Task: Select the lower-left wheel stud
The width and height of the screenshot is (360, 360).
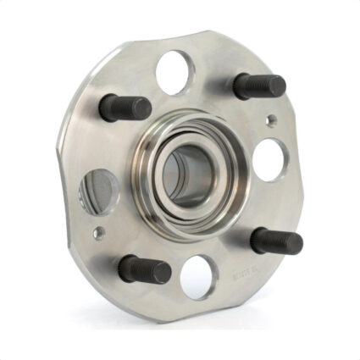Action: pos(144,269)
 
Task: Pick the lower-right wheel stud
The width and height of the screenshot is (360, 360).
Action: pos(276,241)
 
